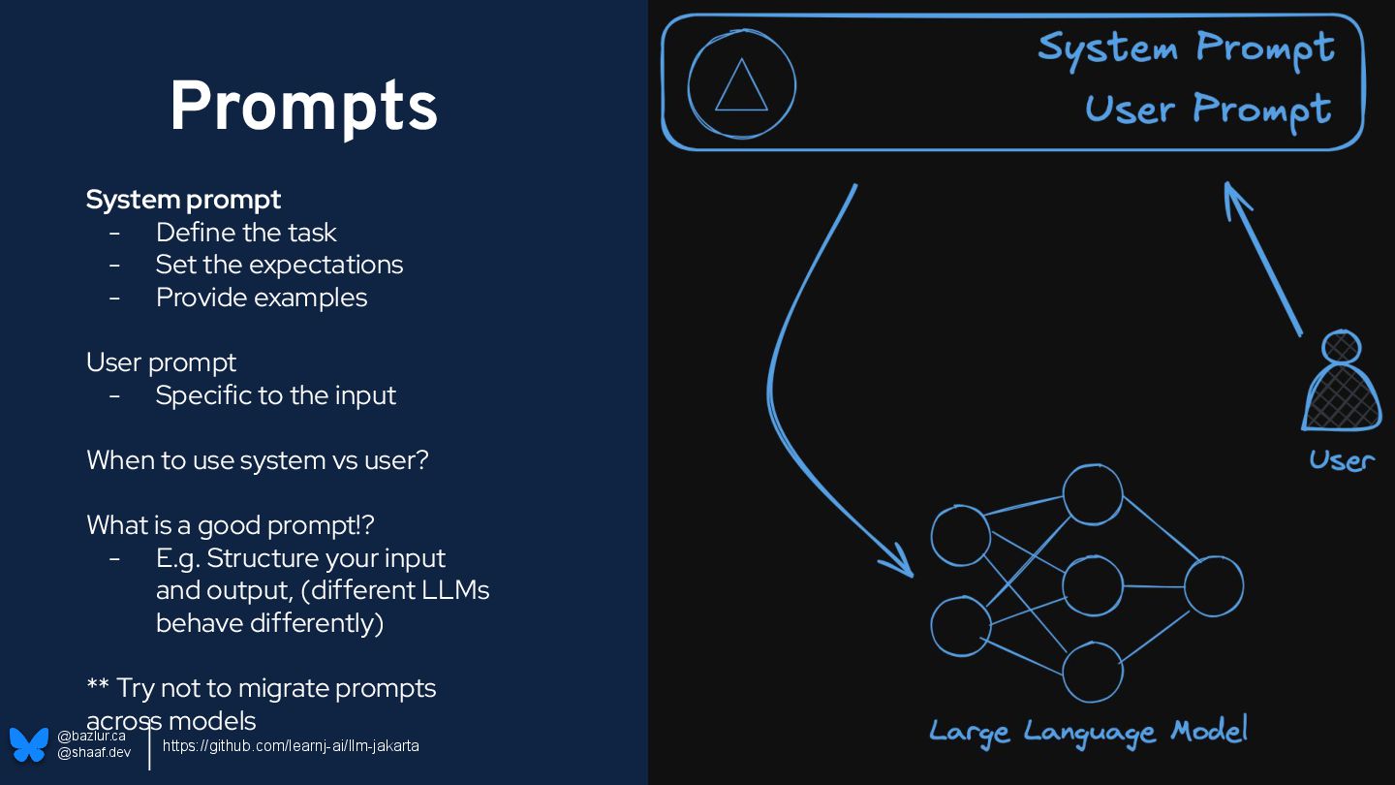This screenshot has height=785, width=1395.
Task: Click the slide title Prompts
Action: point(303,107)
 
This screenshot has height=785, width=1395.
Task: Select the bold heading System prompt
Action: point(183,200)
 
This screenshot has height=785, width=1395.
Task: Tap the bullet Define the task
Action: point(246,233)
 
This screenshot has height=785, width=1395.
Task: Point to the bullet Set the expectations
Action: point(279,265)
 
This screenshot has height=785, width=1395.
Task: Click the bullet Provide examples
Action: point(262,298)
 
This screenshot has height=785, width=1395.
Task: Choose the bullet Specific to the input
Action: point(276,395)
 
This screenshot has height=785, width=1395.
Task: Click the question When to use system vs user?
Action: point(257,460)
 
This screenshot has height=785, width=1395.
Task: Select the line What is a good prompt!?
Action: point(230,525)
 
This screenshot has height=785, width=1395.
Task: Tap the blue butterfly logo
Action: point(29,744)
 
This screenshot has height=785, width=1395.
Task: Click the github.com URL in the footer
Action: point(291,746)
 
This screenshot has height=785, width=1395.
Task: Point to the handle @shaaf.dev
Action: point(94,753)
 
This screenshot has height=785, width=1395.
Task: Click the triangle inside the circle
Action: point(741,85)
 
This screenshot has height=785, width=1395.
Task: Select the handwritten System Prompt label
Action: point(1186,47)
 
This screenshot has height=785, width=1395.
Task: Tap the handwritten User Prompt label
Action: point(1207,109)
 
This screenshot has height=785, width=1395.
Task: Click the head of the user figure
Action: point(1341,347)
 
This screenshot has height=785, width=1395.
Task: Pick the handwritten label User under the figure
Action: point(1342,460)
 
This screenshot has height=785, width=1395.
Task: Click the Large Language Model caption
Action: point(1087,732)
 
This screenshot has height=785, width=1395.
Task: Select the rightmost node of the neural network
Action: point(1213,586)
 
